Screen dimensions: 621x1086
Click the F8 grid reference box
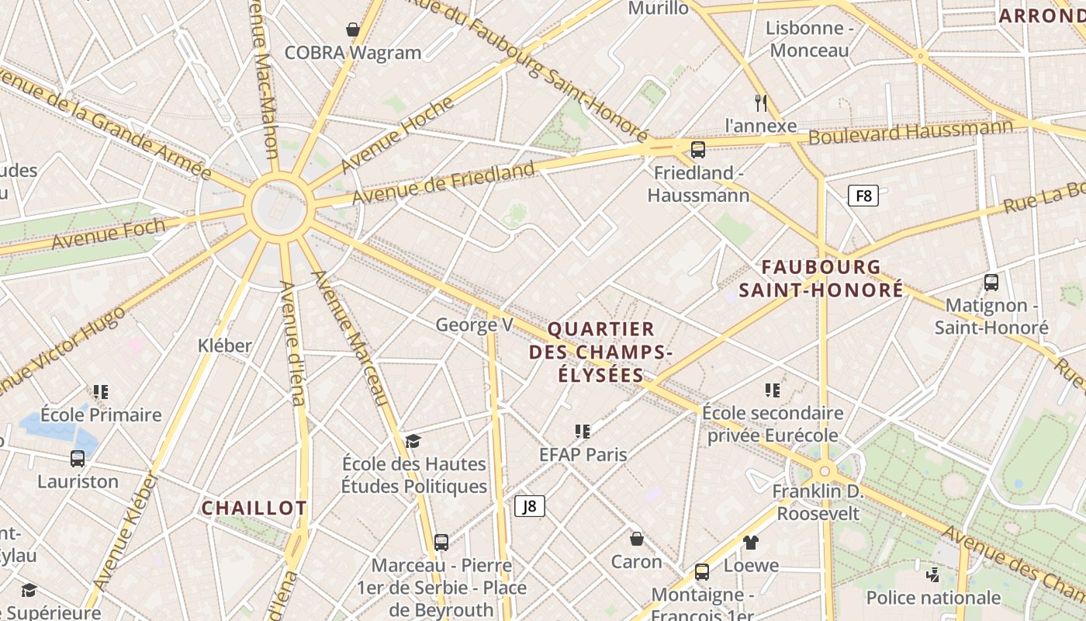(x=863, y=196)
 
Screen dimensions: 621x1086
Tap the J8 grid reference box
(x=530, y=506)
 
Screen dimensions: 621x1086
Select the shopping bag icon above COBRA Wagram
(x=353, y=30)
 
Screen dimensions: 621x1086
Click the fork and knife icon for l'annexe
(x=761, y=102)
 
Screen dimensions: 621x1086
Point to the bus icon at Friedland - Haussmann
(x=698, y=149)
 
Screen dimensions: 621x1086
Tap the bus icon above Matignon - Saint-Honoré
(x=991, y=283)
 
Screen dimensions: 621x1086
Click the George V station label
(x=474, y=324)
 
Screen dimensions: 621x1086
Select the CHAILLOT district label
(x=254, y=508)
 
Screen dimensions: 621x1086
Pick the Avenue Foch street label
(x=109, y=233)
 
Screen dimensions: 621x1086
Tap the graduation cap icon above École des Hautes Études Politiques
(x=413, y=441)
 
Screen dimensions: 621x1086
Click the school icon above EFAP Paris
(x=583, y=431)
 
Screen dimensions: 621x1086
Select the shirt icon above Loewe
(x=750, y=542)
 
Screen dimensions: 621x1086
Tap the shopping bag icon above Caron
(x=636, y=538)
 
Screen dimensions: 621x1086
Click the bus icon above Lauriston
(x=78, y=458)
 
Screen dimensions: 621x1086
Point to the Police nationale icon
(x=933, y=574)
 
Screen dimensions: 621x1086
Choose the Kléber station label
(x=225, y=345)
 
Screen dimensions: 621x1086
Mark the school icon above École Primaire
(x=101, y=392)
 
